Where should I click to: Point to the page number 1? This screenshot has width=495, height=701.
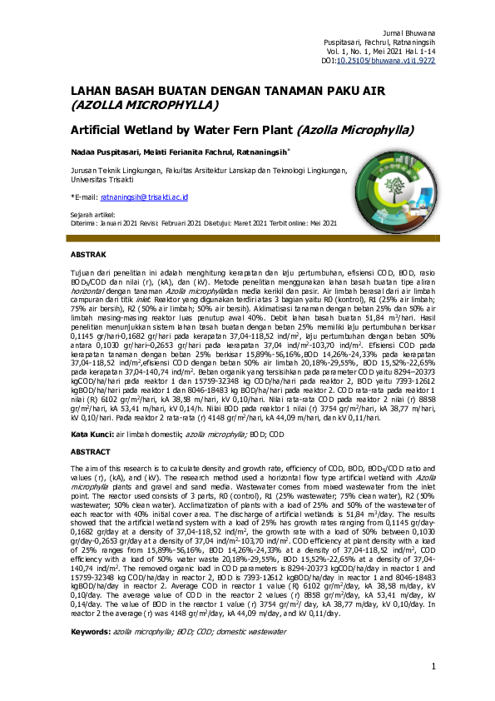tap(433, 666)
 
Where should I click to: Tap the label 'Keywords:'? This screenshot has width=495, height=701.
tap(91, 634)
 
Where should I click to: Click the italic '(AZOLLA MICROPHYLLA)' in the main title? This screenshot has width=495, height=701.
tap(145, 106)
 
